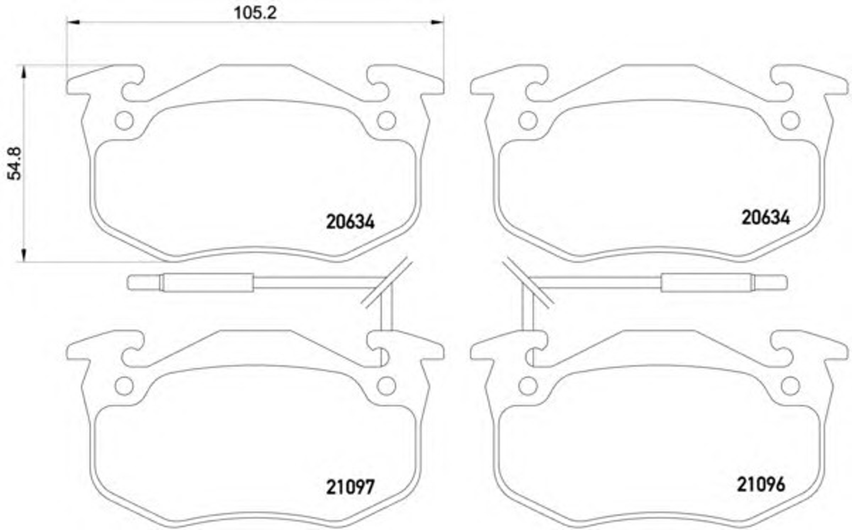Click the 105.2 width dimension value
click(x=255, y=13)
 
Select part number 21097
click(x=350, y=487)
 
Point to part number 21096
click(x=761, y=484)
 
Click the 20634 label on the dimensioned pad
click(x=350, y=222)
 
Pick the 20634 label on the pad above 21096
click(x=766, y=217)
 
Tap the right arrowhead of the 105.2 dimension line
click(x=437, y=22)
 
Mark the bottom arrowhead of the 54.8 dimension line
click(x=24, y=255)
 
